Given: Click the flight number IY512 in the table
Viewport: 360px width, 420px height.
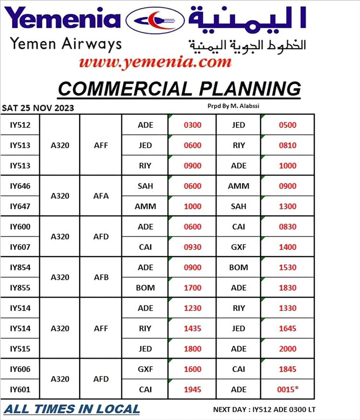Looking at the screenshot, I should tap(20, 125).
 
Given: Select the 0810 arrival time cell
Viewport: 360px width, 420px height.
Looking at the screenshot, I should tap(288, 145).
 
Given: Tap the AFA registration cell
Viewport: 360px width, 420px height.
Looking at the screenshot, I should tap(101, 196).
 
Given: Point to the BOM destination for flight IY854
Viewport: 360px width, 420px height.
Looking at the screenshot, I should tap(239, 267).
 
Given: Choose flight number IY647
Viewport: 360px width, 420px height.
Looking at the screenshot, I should tap(20, 206).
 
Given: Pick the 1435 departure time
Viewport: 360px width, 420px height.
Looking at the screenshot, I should tap(192, 328).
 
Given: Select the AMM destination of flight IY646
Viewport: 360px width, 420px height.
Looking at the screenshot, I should tap(239, 186).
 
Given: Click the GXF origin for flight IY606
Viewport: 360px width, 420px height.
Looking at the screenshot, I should tap(145, 369).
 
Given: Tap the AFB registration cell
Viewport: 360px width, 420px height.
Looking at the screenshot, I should tap(101, 277).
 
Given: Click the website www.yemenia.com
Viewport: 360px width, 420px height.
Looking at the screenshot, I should tap(155, 62).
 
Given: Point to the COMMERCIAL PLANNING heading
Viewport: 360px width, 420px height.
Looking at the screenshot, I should tap(179, 89).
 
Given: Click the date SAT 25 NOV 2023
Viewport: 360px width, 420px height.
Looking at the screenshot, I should tap(38, 108).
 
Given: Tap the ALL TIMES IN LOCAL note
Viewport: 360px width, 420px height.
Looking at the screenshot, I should tap(72, 409).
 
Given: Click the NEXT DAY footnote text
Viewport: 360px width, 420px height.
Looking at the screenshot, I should tap(264, 410).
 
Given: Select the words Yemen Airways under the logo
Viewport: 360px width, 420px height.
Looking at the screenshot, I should tap(66, 44).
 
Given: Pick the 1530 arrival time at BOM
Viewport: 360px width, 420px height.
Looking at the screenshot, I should tap(288, 267).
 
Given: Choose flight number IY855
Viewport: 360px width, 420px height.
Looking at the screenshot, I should tap(20, 288).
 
